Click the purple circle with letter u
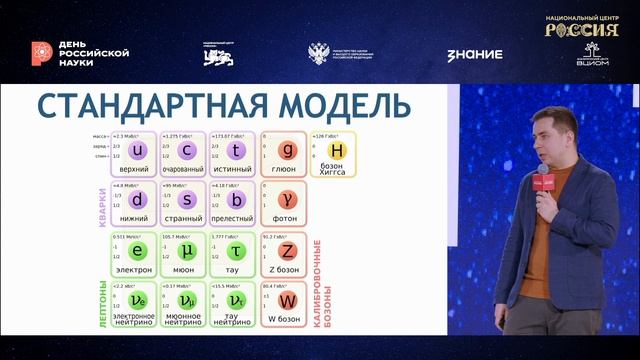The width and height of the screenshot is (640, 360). click(139, 151)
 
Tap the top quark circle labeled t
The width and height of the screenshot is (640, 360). click(233, 151)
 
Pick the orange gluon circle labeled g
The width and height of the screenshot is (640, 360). click(285, 151)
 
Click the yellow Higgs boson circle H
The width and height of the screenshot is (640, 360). click(337, 151)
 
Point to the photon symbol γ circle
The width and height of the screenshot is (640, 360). click(285, 201)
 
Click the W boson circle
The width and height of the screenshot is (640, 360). click(285, 301)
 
